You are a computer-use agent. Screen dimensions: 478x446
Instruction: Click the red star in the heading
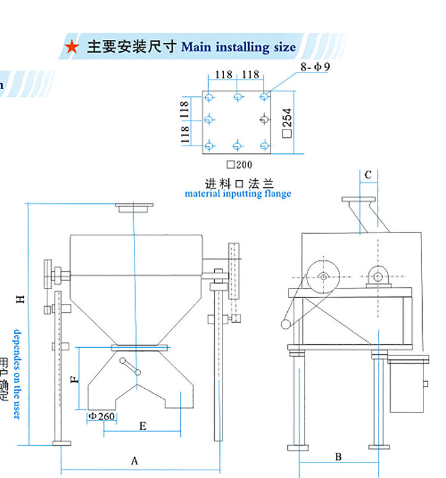point(72,47)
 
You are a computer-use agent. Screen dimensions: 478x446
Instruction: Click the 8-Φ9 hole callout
point(315,67)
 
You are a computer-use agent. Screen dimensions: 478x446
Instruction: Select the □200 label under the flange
point(239,165)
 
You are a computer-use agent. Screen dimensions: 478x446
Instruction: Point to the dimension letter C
point(368,175)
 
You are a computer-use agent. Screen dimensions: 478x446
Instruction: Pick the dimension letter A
point(134,461)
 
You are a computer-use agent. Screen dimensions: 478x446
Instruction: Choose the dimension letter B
point(338,457)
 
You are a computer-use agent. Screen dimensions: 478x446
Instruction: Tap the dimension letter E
point(143,426)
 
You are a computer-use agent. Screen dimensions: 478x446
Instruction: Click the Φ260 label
point(101,416)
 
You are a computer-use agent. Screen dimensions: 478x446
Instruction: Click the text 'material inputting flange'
point(238,193)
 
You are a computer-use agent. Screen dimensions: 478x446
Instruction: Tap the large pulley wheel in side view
point(322,277)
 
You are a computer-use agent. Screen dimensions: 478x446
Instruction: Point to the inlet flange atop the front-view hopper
point(134,209)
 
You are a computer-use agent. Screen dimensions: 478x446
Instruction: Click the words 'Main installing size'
point(238,47)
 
